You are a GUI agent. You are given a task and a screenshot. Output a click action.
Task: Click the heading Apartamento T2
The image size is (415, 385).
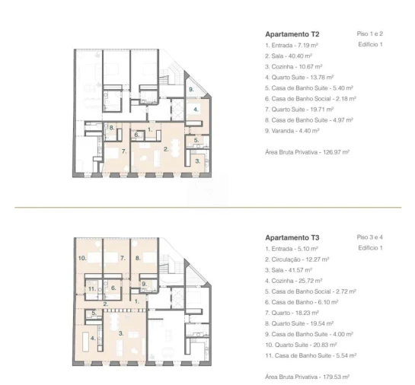click(292, 34)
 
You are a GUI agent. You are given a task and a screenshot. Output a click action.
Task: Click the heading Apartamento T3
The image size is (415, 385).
click(292, 237)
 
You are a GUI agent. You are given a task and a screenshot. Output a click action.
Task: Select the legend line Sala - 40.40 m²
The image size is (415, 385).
click(289, 56)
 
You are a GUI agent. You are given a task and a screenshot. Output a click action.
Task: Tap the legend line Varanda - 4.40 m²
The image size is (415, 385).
click(292, 131)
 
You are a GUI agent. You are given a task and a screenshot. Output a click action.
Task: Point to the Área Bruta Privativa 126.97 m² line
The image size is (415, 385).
click(308, 152)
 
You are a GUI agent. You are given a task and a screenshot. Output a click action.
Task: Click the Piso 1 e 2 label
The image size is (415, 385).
click(370, 33)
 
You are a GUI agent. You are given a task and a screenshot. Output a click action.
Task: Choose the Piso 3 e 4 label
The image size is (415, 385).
click(370, 237)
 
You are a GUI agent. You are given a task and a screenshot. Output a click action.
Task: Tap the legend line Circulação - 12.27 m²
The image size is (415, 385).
click(297, 259)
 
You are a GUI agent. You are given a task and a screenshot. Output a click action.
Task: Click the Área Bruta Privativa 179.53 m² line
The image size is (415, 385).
click(308, 377)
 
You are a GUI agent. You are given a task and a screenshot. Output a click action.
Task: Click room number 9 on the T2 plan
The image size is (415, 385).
click(191, 89)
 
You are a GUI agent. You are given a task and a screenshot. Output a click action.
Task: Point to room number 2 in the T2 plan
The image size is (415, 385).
click(166, 149)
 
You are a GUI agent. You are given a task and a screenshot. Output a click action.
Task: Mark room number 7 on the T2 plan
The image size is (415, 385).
click(124, 151)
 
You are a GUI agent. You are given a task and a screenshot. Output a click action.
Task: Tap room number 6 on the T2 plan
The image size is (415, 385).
click(136, 135)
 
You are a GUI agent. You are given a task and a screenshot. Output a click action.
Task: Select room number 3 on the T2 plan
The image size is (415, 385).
click(198, 161)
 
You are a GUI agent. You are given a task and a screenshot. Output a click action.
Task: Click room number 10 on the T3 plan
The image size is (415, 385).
click(82, 258)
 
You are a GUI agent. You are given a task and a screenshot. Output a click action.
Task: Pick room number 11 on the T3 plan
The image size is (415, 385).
click(92, 289)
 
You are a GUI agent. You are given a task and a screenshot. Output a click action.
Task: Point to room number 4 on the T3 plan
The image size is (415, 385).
click(93, 338)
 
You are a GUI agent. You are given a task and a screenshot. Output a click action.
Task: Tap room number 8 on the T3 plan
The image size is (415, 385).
click(138, 258)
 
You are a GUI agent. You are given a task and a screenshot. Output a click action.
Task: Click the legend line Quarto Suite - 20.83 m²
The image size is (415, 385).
click(301, 345)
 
